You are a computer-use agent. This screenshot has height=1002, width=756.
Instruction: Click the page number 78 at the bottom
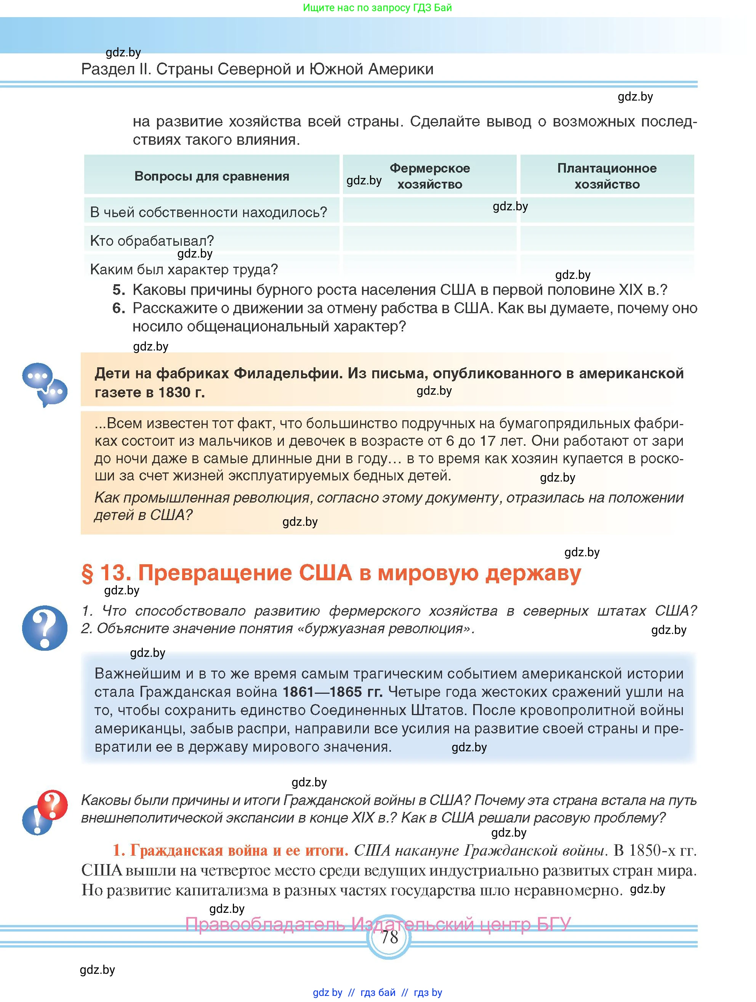point(389,937)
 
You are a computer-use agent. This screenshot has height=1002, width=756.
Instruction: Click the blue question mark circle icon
point(44,628)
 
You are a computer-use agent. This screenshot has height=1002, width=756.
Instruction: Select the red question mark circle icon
point(53,805)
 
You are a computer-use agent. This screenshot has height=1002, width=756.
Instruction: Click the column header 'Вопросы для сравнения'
point(211,176)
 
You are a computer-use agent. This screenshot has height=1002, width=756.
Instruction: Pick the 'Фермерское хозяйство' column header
point(429,176)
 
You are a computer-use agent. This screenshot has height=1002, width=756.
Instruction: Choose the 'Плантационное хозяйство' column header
point(607,176)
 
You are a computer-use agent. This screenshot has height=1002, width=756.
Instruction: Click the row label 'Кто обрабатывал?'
point(152,240)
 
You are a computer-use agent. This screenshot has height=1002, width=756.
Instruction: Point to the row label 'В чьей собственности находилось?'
point(208,212)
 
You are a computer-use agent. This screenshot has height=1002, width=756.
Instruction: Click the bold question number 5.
point(118,290)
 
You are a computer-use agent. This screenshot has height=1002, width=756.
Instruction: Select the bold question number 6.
point(118,308)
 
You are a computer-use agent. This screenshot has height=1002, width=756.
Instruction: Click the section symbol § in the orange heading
point(87,573)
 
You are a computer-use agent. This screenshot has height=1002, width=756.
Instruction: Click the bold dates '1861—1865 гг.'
point(332,692)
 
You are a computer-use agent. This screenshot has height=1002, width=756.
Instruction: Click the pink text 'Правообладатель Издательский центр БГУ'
point(378,924)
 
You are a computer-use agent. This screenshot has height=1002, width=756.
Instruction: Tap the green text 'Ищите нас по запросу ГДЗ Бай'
point(377,8)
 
